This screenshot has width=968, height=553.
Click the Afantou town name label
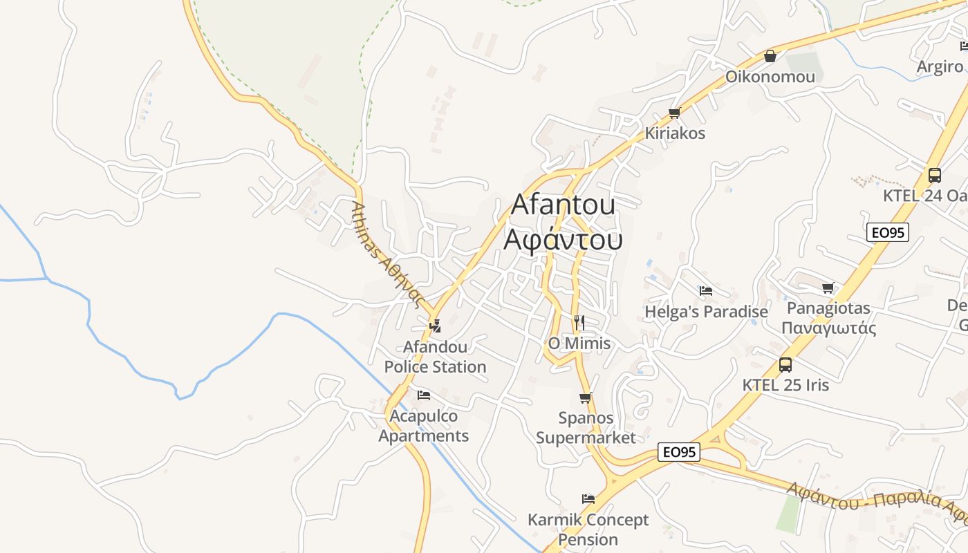point(563,205)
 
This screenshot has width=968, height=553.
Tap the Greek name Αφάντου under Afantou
point(563,239)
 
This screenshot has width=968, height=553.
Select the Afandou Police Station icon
point(435,326)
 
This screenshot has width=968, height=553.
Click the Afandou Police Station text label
point(436,357)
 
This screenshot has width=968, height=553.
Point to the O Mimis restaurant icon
point(579,322)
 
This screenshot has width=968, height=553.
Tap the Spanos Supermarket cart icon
point(585,397)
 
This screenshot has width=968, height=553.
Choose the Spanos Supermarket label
point(586,428)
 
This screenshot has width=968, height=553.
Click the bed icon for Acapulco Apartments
point(424,395)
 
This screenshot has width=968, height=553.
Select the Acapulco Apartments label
point(424,426)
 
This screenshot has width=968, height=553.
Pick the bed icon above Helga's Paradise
point(705,291)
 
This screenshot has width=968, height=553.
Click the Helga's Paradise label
point(706,312)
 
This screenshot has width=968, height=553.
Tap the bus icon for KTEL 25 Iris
point(785,364)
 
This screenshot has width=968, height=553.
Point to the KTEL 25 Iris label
point(785,385)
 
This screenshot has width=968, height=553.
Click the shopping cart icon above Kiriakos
point(674,113)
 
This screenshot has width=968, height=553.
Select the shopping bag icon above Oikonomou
point(770,56)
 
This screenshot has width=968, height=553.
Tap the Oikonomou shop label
point(770,77)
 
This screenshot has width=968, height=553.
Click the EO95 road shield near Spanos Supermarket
point(679,452)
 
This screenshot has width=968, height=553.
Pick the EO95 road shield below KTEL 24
point(888,232)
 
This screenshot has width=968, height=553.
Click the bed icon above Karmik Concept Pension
point(588,499)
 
